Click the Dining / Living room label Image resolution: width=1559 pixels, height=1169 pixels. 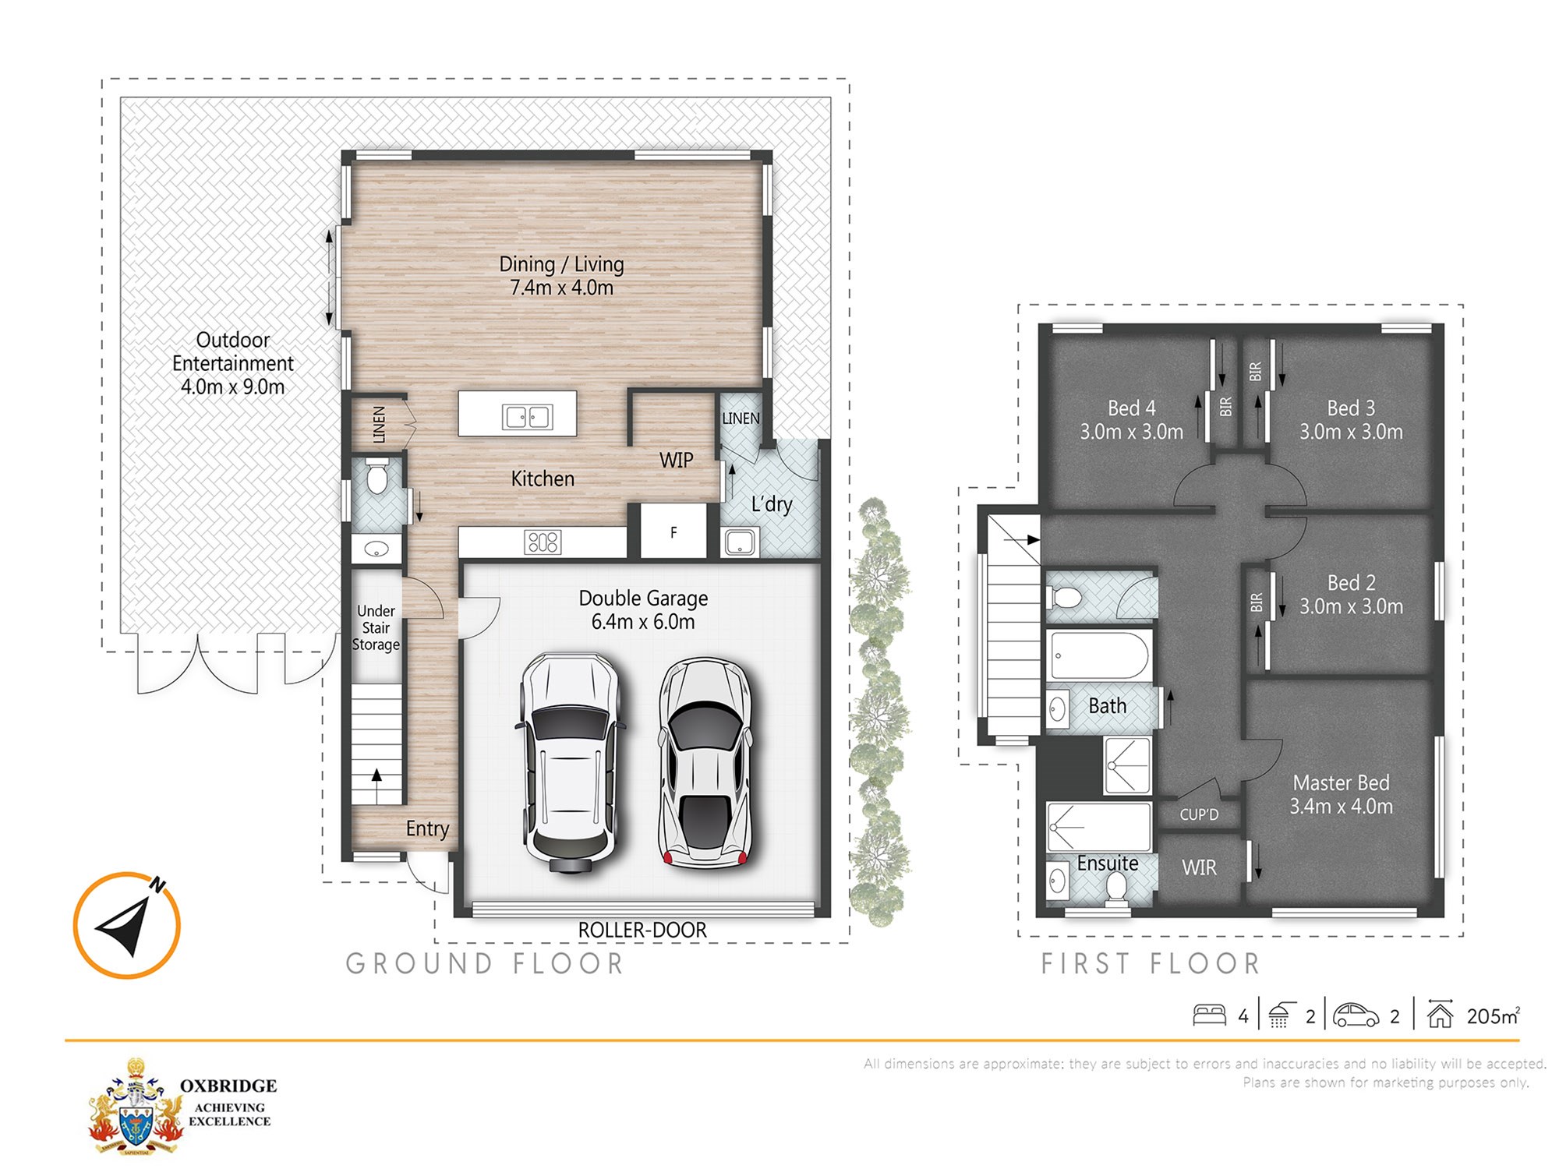coord(561,276)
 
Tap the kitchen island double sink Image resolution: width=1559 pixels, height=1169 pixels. coord(528,417)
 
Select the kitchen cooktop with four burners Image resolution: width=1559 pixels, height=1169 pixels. coord(543,542)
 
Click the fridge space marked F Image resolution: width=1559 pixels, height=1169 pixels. coord(673,532)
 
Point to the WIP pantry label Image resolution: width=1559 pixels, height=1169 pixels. coord(676,461)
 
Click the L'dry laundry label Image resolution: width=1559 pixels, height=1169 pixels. coord(772,504)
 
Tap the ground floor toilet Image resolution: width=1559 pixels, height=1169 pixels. coord(377,476)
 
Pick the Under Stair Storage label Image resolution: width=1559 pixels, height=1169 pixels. coord(376,627)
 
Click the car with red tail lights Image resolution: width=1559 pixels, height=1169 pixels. coord(705,762)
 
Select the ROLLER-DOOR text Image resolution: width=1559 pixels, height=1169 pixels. coord(642,930)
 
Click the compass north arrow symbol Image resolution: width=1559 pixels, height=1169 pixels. coord(127,924)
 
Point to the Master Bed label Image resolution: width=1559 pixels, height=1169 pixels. coord(1341,794)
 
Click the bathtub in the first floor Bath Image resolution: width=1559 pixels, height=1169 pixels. coord(1098,655)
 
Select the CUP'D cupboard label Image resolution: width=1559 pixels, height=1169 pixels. coord(1199,814)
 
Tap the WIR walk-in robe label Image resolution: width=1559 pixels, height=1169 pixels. coord(1199,867)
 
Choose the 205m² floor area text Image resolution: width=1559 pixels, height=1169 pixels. coord(1494,1015)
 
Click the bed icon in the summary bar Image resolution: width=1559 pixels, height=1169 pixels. coord(1209,1015)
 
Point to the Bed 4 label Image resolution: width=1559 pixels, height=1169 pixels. coord(1131,419)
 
